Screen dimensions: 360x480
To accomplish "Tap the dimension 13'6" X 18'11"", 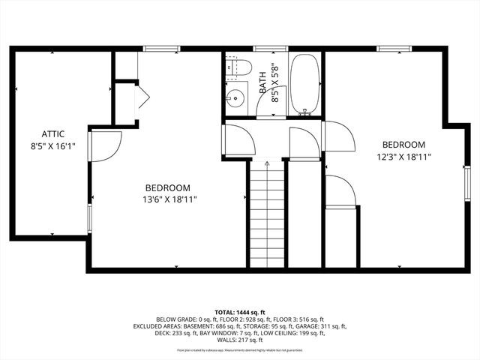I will [167, 199].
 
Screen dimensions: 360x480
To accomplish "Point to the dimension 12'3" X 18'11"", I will [403, 157].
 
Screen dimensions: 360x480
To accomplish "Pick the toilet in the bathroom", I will [240, 68].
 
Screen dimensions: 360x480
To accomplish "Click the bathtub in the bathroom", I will [304, 84].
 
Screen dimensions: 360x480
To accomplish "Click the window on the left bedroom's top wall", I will [161, 49].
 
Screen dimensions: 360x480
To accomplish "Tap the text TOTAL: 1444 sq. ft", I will [240, 312].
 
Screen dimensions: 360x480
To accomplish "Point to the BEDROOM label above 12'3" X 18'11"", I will [403, 145].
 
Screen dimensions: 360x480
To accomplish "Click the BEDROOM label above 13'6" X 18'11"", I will [167, 187].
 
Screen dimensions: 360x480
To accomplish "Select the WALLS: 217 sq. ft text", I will [240, 340].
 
